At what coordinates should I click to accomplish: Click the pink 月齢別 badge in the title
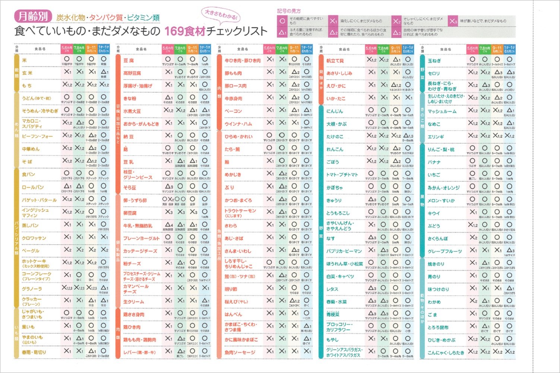tap(33, 16)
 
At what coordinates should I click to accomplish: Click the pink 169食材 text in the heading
tap(185, 31)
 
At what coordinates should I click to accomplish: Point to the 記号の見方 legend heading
tap(289, 11)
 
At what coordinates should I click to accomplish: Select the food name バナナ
tap(434, 162)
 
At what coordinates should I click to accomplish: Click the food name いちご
tap(434, 175)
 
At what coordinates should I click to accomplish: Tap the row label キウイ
tap(434, 214)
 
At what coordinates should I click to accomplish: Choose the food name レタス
tap(332, 289)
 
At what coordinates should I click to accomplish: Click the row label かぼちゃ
tap(335, 188)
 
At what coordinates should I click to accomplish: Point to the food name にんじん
tap(335, 111)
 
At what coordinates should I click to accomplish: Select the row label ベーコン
tap(233, 111)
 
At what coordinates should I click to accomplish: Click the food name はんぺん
tap(233, 314)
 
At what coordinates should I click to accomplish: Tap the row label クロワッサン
tap(34, 238)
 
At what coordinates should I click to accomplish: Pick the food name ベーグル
tap(31, 251)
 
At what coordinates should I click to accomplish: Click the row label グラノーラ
tap(32, 289)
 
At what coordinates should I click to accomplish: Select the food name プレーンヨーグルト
tap(141, 238)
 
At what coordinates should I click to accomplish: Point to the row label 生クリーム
tap(133, 302)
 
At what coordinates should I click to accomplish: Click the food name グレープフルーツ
tap(445, 252)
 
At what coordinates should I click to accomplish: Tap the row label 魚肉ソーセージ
tap(240, 353)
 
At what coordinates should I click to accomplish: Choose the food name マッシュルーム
tap(442, 112)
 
